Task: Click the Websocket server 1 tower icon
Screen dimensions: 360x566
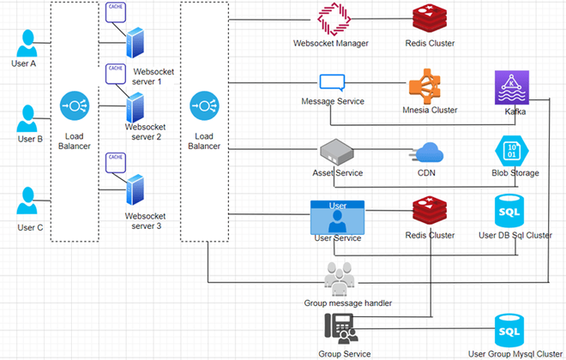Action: pos(134,44)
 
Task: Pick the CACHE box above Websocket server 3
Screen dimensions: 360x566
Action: pos(114,160)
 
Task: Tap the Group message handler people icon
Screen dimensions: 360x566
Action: pos(341,279)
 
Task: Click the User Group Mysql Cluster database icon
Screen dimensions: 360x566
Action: pos(513,330)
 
